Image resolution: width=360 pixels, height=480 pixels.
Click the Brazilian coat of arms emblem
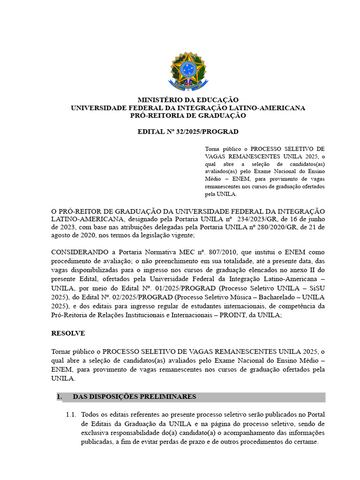pyautogui.click(x=187, y=71)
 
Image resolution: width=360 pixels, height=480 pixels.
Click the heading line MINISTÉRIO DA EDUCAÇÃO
pyautogui.click(x=187, y=100)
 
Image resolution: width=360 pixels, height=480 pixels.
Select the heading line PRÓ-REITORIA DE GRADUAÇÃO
pyautogui.click(x=187, y=115)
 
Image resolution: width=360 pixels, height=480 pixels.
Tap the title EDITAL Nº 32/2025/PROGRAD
pyautogui.click(x=187, y=132)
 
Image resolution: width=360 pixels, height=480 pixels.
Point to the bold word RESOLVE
pyautogui.click(x=68, y=333)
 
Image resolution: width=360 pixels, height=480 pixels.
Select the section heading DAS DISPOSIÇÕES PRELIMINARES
pyautogui.click(x=134, y=397)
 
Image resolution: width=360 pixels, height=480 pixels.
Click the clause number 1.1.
pyautogui.click(x=71, y=415)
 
